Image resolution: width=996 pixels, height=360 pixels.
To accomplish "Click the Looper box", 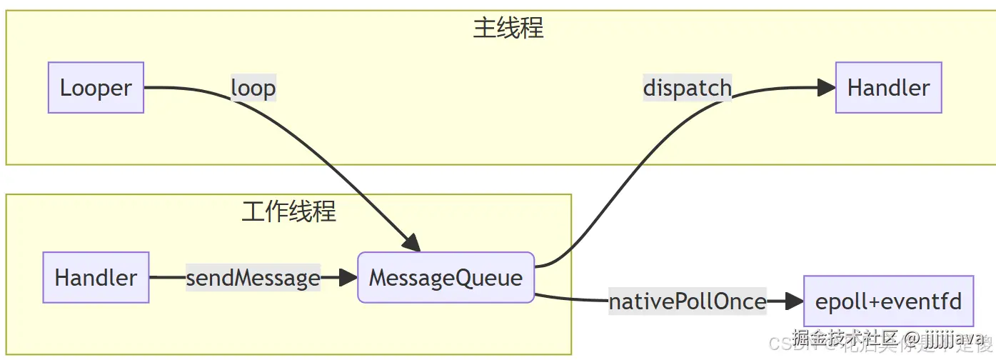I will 96,88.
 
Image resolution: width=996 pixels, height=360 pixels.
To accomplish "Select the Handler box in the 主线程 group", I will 888,88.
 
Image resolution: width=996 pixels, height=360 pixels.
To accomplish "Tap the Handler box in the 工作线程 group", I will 96,277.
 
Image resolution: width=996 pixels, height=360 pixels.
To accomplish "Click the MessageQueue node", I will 446,277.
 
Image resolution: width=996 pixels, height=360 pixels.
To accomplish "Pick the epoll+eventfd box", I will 888,301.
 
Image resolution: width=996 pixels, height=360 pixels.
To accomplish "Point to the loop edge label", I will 253,88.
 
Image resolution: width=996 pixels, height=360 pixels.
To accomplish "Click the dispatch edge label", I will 687,88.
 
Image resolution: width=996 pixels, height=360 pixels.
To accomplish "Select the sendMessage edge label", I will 253,277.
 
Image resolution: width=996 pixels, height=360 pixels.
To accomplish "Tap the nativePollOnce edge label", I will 687,301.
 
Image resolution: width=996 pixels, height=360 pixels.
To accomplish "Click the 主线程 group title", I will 508,28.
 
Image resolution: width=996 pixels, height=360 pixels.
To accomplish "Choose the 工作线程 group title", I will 288,211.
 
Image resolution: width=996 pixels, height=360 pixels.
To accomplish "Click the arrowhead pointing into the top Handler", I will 827,88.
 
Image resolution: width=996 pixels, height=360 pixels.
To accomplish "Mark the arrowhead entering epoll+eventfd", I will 795,301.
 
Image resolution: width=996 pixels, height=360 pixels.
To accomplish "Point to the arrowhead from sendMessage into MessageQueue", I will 348,277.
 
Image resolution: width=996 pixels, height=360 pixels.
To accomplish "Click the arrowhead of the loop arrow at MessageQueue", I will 411,243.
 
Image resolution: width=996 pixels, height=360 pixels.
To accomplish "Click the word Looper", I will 96,88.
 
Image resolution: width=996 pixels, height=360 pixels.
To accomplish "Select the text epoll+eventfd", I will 888,301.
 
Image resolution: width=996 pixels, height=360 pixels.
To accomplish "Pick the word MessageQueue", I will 446,277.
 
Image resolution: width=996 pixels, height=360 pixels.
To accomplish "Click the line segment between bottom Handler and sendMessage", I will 167,277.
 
